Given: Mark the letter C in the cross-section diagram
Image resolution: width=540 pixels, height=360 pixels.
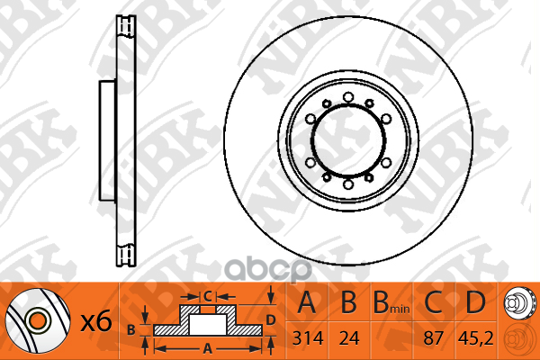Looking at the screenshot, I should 206,296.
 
